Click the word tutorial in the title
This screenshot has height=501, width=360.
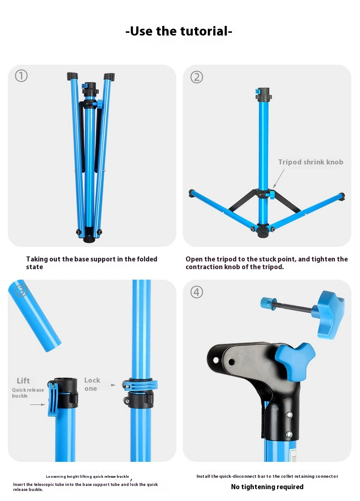[x=204, y=31]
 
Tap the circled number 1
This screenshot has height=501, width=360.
[x=21, y=76]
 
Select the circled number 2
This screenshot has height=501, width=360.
[x=196, y=77]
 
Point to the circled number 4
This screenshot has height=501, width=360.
[x=196, y=292]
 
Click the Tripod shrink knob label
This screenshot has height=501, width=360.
[x=311, y=162]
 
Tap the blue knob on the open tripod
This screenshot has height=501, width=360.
[x=271, y=194]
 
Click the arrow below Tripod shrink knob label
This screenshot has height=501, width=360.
[x=278, y=179]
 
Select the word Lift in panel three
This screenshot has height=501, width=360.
[x=23, y=381]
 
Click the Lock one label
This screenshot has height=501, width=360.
[x=92, y=384]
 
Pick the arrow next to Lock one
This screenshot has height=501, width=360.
[x=113, y=385]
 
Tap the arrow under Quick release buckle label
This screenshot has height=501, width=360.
[x=38, y=404]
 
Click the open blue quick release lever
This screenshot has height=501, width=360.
[x=53, y=399]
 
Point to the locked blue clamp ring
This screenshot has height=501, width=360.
[x=140, y=385]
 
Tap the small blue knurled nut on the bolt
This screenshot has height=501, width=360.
[x=268, y=303]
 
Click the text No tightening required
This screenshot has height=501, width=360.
[x=267, y=486]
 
